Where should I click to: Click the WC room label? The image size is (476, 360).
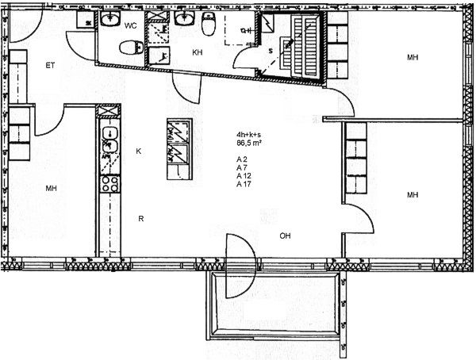[x=131, y=25]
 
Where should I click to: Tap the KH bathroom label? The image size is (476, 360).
[x=198, y=52]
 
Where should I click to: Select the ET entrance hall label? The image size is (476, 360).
[x=50, y=65]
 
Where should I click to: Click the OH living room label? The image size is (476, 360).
[x=285, y=236]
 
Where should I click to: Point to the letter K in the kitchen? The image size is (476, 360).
[x=138, y=151]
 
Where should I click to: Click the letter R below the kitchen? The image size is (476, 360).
[x=141, y=219]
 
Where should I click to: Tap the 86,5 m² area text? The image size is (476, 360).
[x=249, y=143]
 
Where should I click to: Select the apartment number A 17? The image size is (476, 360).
[x=244, y=184]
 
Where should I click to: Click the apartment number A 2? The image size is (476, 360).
[x=242, y=159]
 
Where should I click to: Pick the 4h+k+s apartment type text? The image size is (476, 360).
[x=248, y=135]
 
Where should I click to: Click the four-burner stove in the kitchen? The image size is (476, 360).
[x=109, y=184]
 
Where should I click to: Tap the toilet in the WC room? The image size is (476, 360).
[x=131, y=48]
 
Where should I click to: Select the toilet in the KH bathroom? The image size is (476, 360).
[x=208, y=24]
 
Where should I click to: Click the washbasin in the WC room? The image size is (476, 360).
[x=110, y=19]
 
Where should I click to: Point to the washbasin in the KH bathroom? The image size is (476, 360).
[x=184, y=18]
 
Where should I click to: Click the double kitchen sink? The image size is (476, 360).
[x=110, y=140]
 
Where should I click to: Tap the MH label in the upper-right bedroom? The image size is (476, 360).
[x=413, y=57]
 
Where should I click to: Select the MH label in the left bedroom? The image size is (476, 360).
[x=51, y=189]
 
